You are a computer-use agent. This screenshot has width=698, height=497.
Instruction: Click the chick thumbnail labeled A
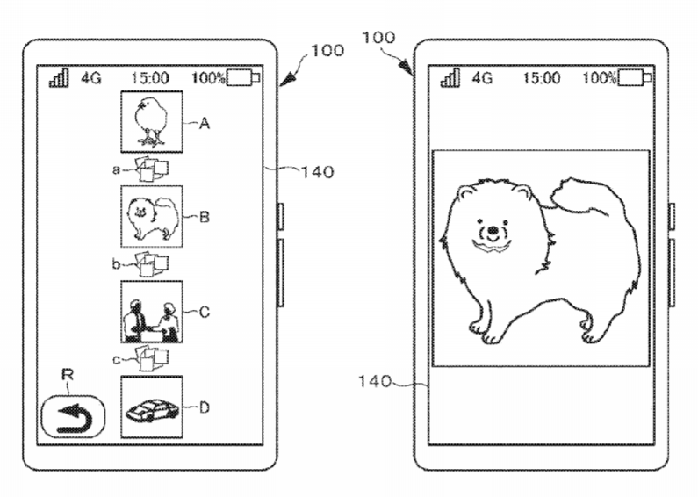[152, 121]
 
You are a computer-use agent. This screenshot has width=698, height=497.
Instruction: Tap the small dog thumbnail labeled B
[152, 216]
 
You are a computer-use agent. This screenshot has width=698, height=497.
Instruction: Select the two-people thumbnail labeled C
[152, 312]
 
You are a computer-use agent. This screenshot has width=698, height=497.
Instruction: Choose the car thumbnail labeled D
[152, 407]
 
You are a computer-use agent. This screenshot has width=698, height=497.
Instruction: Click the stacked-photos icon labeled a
[151, 169]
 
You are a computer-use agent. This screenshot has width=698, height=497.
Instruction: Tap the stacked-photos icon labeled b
[151, 263]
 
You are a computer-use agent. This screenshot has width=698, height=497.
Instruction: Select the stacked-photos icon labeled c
[151, 358]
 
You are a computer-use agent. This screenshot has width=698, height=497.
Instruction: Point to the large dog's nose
[493, 230]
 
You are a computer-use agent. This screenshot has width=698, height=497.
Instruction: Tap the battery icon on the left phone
[243, 78]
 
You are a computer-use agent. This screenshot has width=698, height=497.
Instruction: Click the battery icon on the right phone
[634, 78]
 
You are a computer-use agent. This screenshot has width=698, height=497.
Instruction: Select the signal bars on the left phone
[59, 78]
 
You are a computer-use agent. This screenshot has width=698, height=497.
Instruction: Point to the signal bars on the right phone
[450, 78]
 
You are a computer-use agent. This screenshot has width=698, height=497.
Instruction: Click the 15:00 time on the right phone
[542, 78]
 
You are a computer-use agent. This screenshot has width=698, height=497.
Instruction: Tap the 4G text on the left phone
[91, 78]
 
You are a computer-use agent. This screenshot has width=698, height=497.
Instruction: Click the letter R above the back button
[68, 375]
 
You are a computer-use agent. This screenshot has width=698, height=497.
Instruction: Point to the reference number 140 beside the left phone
[318, 172]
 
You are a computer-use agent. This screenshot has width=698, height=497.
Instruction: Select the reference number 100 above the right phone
[378, 38]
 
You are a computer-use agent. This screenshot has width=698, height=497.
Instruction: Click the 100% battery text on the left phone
[208, 78]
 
